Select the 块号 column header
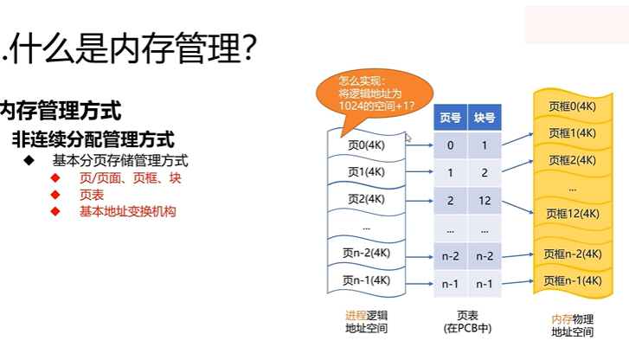point(485,117)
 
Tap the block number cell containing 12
point(485,200)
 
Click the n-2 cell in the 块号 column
point(485,256)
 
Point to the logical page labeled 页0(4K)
point(366,145)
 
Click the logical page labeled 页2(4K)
point(366,199)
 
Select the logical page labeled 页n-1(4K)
point(366,280)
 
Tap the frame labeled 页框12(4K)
point(572,213)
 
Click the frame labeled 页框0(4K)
point(572,106)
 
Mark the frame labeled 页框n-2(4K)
point(572,254)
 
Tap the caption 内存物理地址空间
point(572,325)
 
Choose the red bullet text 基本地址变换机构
point(127,211)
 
